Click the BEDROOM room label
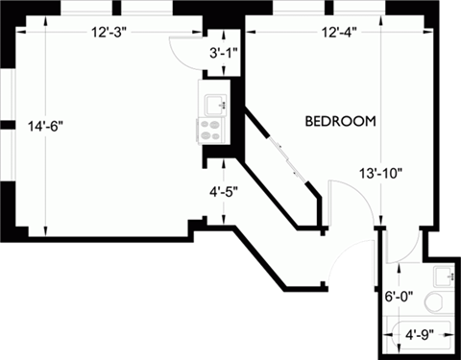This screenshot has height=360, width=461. tap(339, 122)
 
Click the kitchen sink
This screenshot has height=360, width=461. tap(211, 99)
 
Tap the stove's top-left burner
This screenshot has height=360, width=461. tap(205, 124)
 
